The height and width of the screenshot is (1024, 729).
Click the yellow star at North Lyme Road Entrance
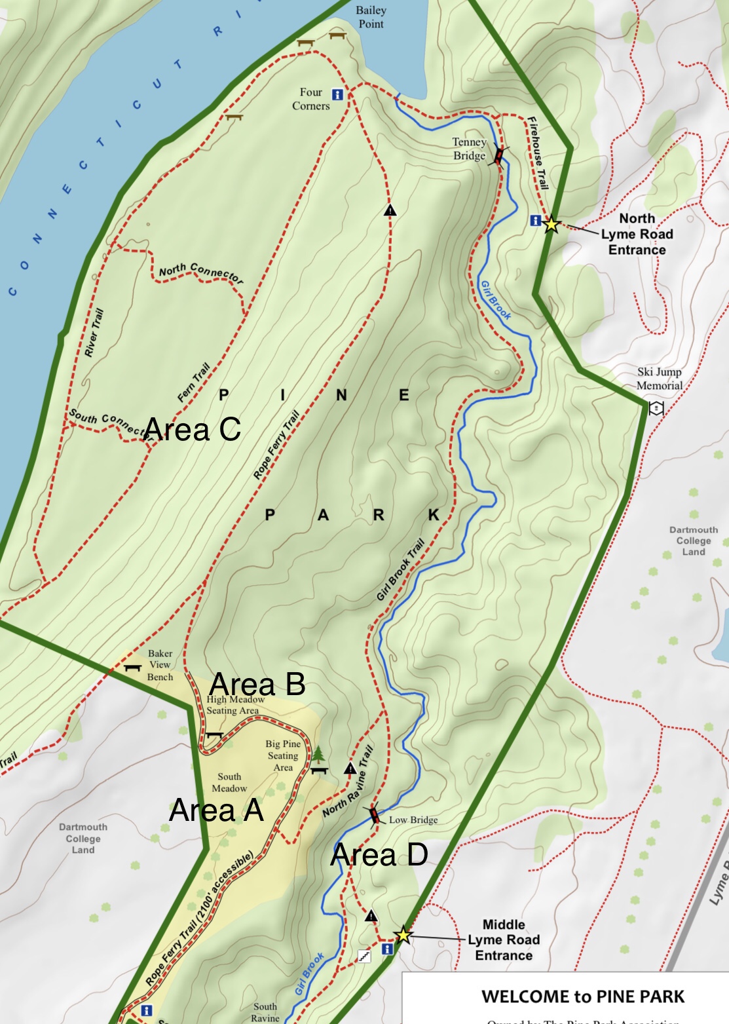tap(551, 224)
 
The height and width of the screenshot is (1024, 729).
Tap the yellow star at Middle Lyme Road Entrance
tap(403, 935)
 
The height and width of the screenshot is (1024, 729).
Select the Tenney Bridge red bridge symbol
tap(499, 156)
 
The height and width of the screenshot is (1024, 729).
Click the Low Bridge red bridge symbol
tap(374, 816)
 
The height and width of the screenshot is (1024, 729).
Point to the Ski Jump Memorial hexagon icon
tap(656, 408)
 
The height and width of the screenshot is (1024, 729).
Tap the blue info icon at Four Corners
tap(337, 94)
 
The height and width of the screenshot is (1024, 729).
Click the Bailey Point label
tap(371, 17)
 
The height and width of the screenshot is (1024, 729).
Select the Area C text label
tap(192, 430)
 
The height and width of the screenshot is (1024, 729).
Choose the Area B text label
tap(257, 685)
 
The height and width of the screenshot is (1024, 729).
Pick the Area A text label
tap(216, 810)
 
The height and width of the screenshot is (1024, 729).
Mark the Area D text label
tap(379, 855)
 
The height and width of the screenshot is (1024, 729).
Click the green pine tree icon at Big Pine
tap(319, 755)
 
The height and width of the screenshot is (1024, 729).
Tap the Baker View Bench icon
tap(133, 668)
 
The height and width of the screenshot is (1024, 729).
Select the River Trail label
tap(94, 333)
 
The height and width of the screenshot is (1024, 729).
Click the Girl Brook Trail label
tap(400, 570)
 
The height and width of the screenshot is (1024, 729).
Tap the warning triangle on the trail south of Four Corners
tap(390, 210)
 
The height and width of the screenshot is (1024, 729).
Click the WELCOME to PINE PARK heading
tap(582, 996)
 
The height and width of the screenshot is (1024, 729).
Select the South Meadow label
tap(229, 782)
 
